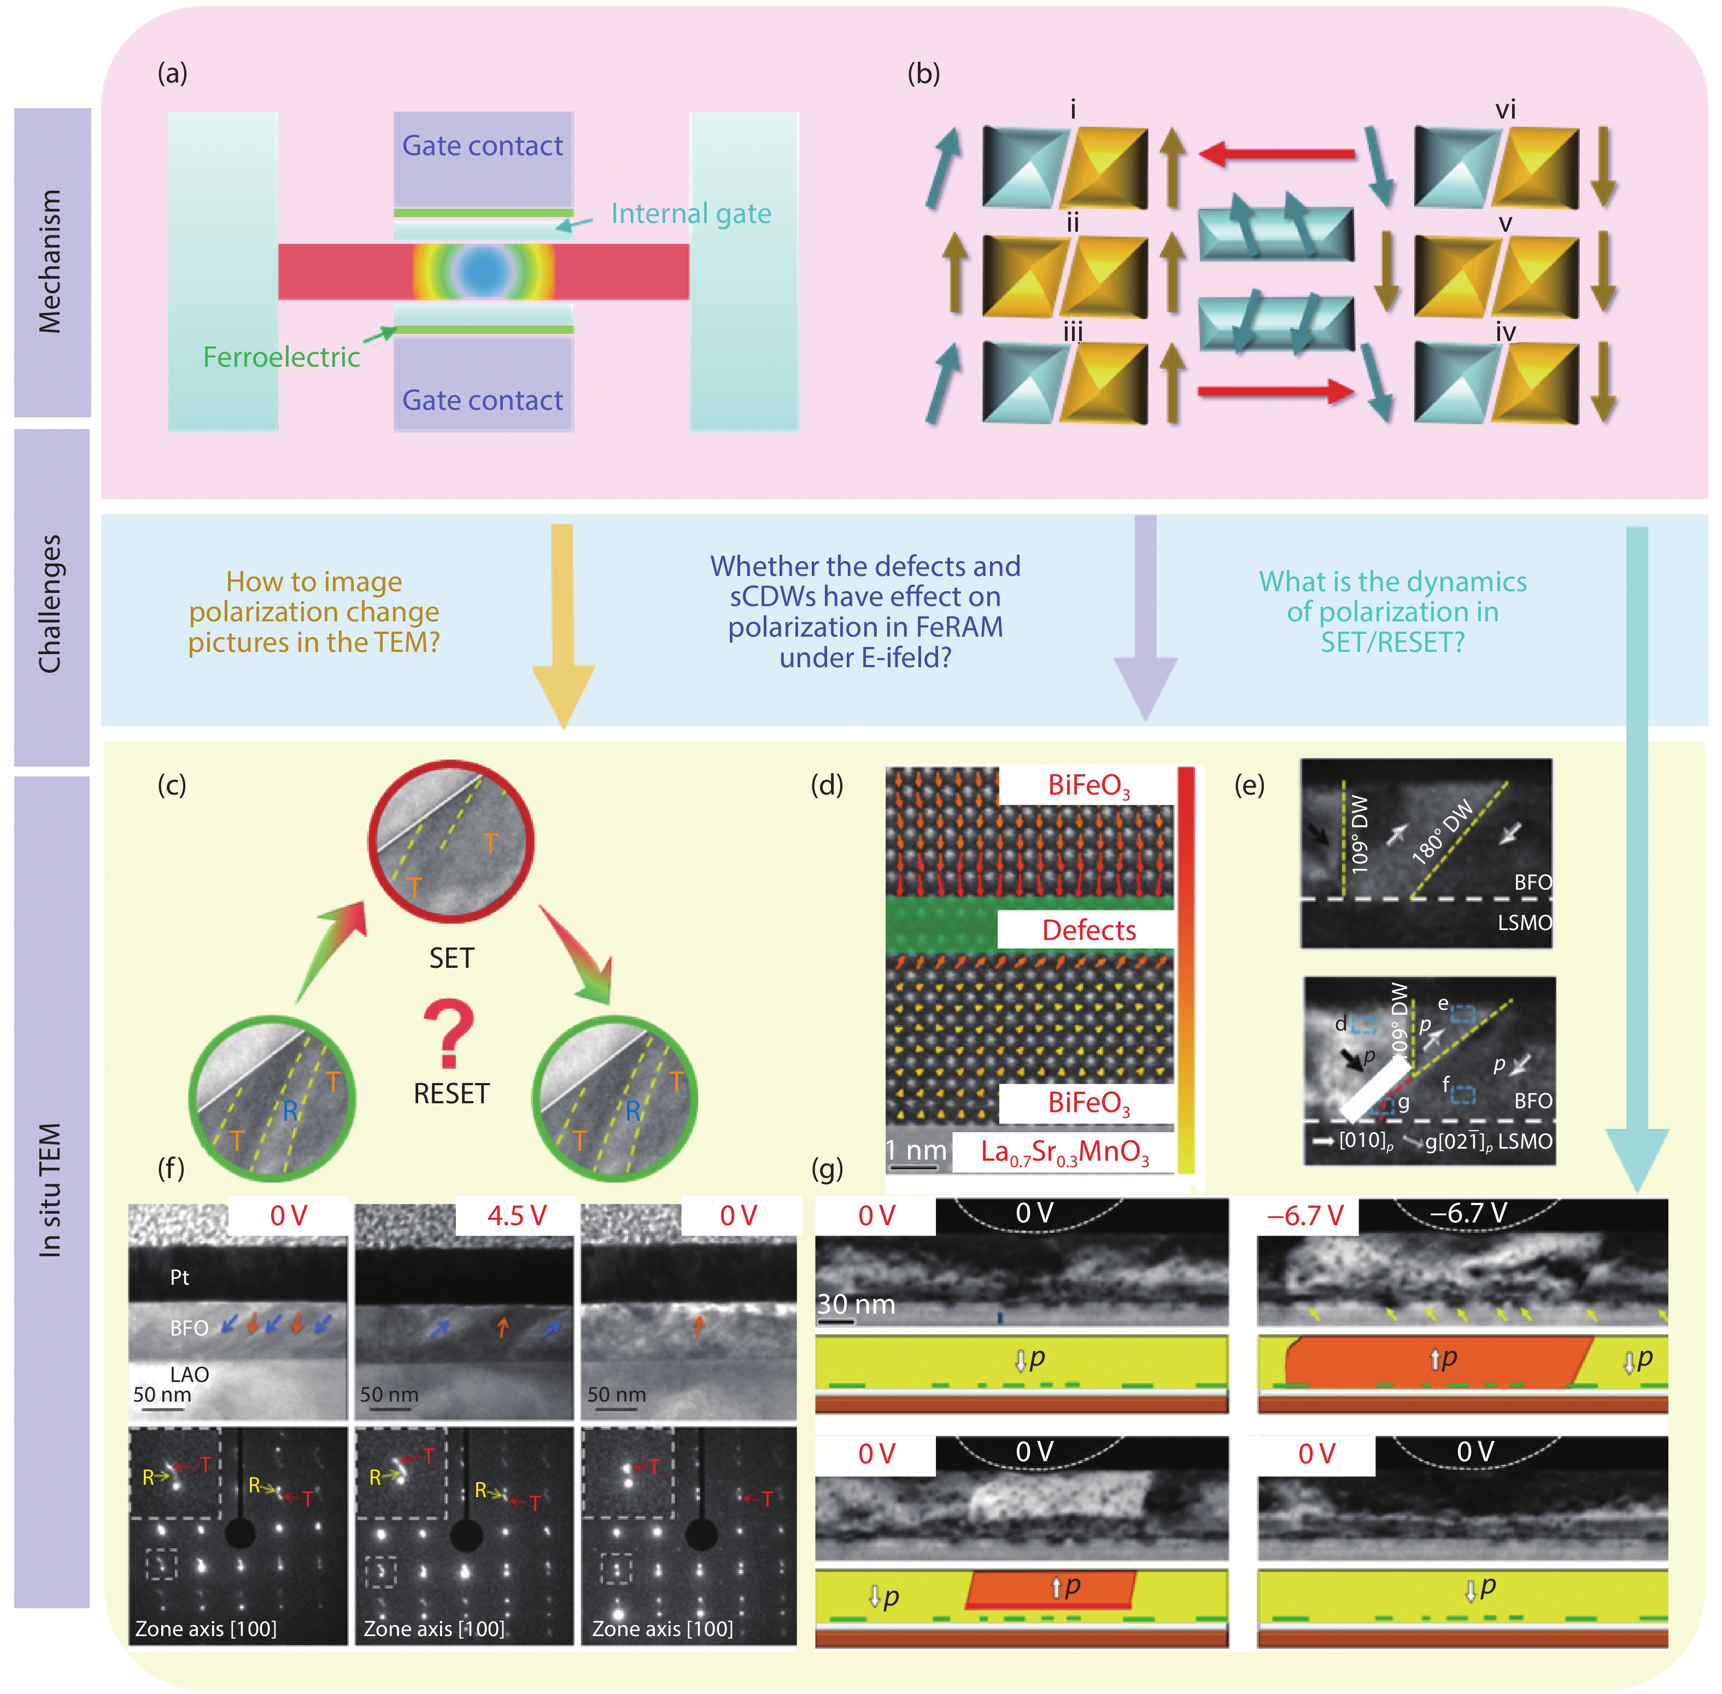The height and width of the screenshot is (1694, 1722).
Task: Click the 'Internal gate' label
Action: point(690,214)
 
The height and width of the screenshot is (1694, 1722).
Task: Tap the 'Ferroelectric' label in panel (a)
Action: point(281,357)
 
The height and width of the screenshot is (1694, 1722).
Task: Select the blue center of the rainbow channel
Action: point(483,267)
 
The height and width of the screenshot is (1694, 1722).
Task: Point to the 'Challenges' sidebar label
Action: point(51,603)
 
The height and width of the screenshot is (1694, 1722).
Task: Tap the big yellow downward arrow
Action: point(563,623)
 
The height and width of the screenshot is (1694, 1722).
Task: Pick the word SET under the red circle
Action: point(451,958)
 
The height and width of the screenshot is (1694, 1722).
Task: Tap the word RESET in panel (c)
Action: point(451,1093)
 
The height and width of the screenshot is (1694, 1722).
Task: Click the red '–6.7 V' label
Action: point(1305,1215)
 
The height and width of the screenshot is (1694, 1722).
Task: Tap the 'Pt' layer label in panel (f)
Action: point(180,1278)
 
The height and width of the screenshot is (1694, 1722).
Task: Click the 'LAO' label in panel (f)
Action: point(189,1374)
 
